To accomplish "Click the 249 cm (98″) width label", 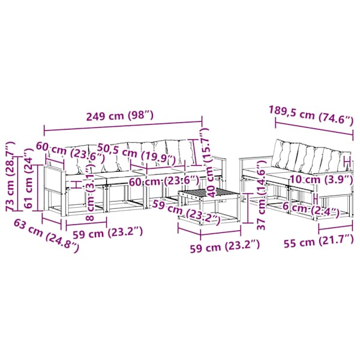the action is click(x=119, y=116).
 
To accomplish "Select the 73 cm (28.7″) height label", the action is click(x=11, y=176).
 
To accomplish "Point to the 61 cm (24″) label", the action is click(x=29, y=178).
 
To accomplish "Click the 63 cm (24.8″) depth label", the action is click(x=46, y=236).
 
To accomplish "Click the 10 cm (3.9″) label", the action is click(x=321, y=179).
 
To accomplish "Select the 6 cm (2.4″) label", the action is click(x=311, y=210).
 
